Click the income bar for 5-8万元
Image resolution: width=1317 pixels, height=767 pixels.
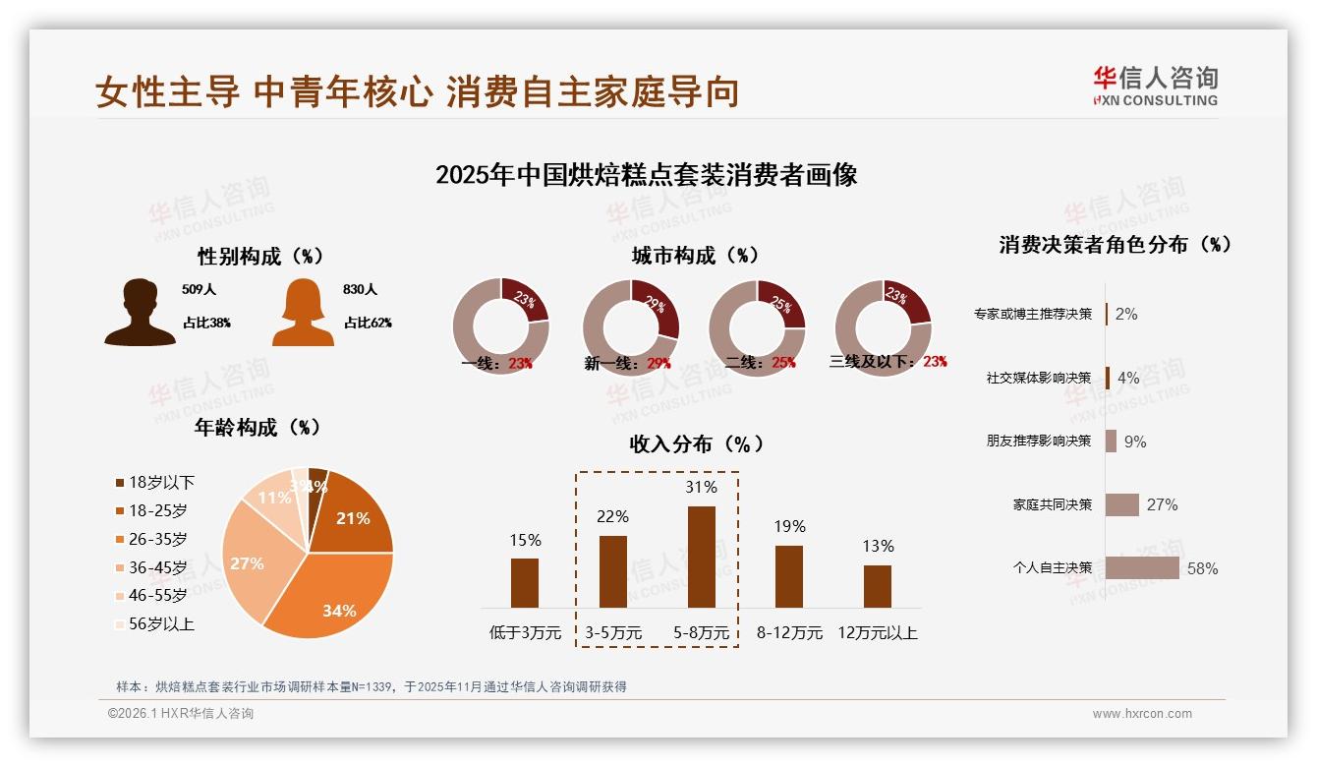701,557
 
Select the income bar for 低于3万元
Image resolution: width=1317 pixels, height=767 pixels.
525,583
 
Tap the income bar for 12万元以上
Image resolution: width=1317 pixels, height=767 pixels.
878,586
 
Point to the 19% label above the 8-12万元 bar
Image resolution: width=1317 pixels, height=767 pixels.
789,527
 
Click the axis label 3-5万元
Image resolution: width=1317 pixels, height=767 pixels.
613,633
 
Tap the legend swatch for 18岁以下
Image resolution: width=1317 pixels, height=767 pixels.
120,483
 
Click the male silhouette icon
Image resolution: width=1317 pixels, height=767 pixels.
140,313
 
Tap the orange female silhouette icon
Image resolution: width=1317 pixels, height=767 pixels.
303,313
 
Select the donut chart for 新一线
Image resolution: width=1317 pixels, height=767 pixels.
631,327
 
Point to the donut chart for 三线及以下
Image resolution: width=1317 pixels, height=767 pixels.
883,326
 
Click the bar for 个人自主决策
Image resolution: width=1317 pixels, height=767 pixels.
1142,568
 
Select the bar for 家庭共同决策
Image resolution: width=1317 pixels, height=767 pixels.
1121,504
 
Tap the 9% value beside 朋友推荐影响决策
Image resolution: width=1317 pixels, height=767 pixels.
1135,442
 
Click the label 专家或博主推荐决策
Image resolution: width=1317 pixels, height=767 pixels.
1032,315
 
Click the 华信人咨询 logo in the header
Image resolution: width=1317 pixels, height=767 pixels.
1155,86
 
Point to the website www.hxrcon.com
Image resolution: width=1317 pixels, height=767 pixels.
1142,714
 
